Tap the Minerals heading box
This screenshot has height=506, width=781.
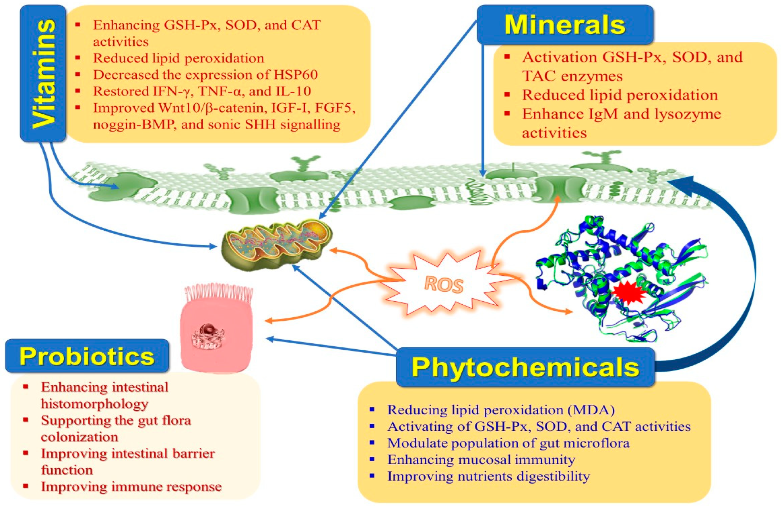click(565, 25)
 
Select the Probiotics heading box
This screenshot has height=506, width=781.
click(87, 356)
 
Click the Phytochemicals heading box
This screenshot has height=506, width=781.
click(525, 367)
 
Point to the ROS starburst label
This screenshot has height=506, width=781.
click(444, 285)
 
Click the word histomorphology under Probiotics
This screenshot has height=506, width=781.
click(95, 404)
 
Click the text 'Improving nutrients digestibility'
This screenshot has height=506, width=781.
click(488, 476)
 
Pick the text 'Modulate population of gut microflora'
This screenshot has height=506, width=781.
click(508, 443)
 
